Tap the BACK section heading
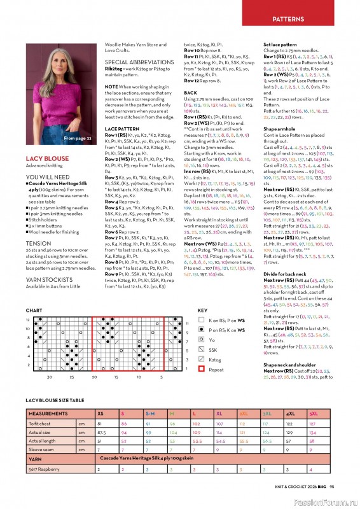[191, 93]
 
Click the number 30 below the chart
[50, 377]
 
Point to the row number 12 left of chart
[28, 319]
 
